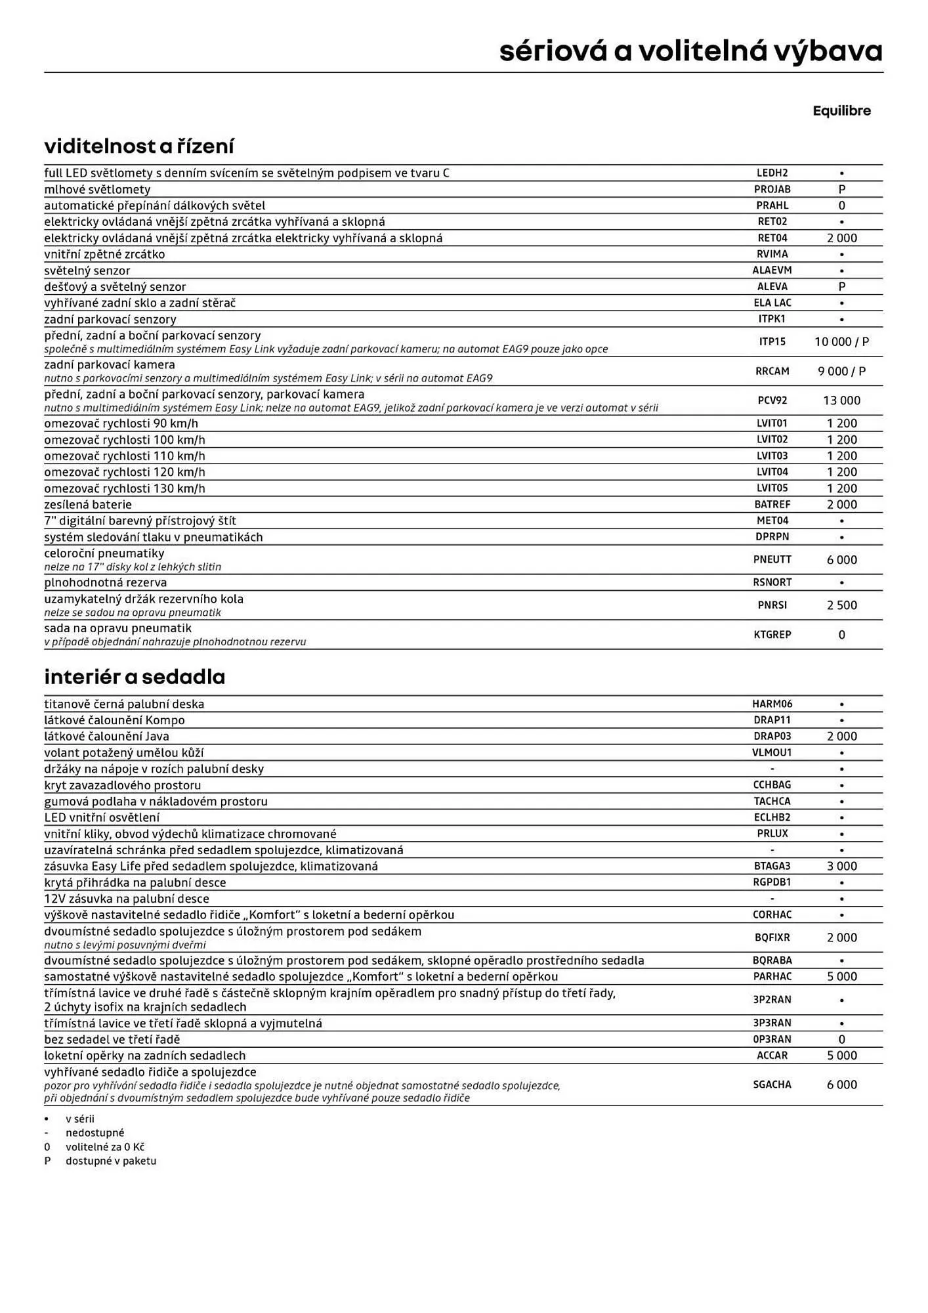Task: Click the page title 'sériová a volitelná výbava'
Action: (x=690, y=51)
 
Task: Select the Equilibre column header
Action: (x=841, y=111)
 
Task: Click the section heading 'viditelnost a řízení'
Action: (x=139, y=146)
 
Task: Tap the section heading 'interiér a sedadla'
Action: (x=135, y=677)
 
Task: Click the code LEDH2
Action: (x=772, y=173)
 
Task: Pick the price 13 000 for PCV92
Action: (x=841, y=400)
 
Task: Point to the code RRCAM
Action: (x=772, y=372)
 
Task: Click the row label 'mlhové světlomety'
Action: (x=97, y=190)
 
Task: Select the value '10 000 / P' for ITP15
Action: (x=841, y=342)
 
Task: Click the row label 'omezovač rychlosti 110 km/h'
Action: (x=125, y=456)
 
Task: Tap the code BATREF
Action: (x=772, y=505)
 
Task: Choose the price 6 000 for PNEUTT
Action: (x=841, y=560)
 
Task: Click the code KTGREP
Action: (x=772, y=635)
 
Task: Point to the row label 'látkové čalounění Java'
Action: (x=106, y=737)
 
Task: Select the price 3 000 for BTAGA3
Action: (x=841, y=867)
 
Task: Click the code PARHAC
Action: (x=772, y=977)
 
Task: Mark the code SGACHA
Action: (x=772, y=1085)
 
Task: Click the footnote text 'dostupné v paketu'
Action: (x=111, y=1161)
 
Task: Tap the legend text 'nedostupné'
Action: (x=95, y=1132)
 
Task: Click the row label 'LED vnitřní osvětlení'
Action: (x=102, y=818)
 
